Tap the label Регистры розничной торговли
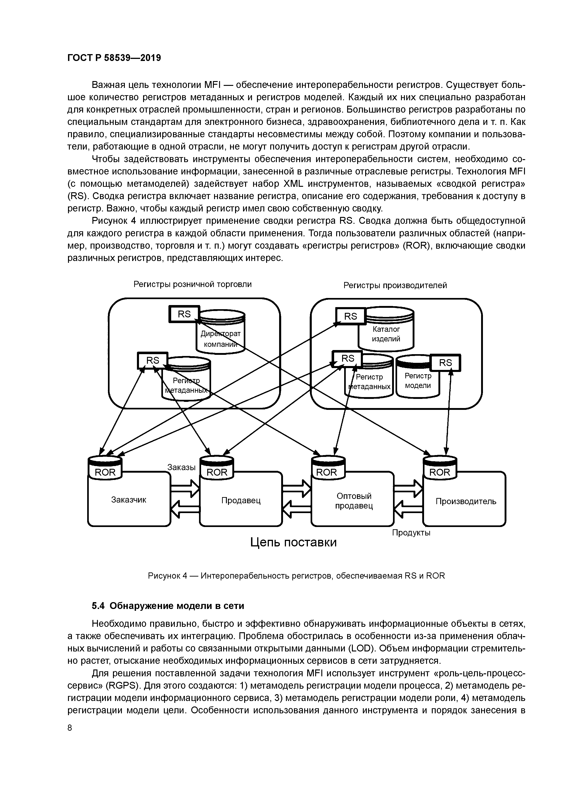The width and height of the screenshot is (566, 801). pyautogui.click(x=192, y=284)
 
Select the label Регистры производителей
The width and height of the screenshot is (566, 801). pyautogui.click(x=395, y=285)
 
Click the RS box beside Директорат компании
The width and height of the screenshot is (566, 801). pyautogui.click(x=184, y=314)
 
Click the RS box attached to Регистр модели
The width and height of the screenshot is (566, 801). pyautogui.click(x=445, y=363)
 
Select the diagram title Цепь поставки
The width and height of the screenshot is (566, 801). pyautogui.click(x=294, y=542)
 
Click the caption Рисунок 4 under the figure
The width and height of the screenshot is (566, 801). pyautogui.click(x=296, y=576)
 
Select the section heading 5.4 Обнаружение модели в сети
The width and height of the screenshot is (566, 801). pyautogui.click(x=168, y=606)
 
